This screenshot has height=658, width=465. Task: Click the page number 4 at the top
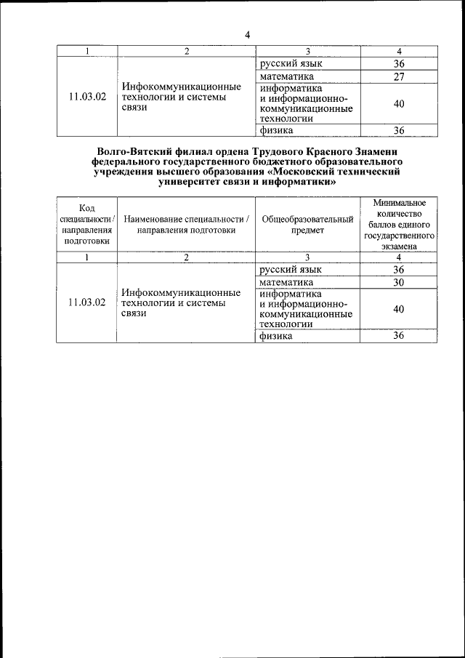247,35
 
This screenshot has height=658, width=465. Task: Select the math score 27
398,77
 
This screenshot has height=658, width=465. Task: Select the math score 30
398,282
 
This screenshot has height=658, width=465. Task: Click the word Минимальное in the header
398,203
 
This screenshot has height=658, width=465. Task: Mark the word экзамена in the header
398,247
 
